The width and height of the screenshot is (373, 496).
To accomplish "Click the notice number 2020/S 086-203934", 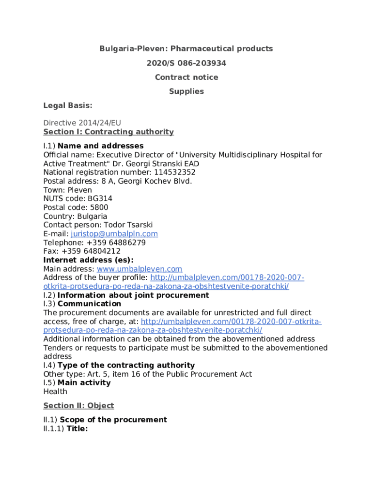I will (x=186, y=63).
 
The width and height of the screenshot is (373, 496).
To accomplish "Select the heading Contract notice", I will (x=186, y=77).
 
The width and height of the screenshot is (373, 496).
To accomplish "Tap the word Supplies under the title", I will (x=186, y=91).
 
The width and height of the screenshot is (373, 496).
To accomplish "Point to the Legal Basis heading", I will (x=68, y=106).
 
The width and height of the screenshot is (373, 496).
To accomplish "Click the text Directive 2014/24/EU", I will (x=82, y=123).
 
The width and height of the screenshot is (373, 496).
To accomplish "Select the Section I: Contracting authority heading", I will (x=109, y=132).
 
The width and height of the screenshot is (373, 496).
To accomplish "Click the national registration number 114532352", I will (x=175, y=172).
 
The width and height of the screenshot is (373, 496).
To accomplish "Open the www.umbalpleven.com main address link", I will (x=140, y=269).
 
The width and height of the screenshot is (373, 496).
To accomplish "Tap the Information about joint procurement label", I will (x=133, y=295).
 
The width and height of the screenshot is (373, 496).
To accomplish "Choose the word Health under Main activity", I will (x=55, y=391).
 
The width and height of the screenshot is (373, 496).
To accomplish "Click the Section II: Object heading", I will (x=78, y=405).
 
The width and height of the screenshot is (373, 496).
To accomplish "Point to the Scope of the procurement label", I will (x=113, y=419).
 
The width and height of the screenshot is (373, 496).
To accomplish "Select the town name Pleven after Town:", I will (x=79, y=190).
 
